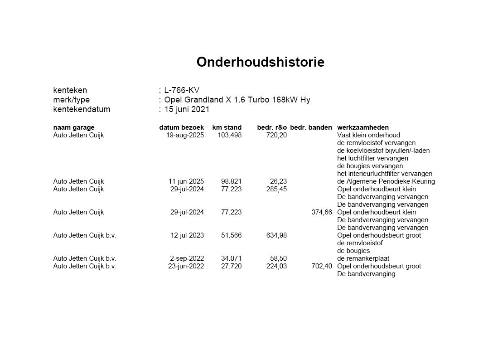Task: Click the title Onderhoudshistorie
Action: pos(260,62)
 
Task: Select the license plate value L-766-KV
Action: pos(182,90)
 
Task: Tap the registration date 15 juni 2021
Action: pos(187,109)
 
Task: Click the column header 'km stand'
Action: pos(227,127)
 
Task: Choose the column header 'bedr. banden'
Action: pos(311,127)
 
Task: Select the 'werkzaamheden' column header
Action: pos(362,127)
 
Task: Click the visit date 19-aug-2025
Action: pos(185,135)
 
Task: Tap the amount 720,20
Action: pos(276,135)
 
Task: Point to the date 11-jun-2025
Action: pos(186,181)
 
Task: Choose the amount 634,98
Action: pos(276,235)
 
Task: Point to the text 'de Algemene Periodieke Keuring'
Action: pos(386,181)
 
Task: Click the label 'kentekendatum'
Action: pos(82,109)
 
